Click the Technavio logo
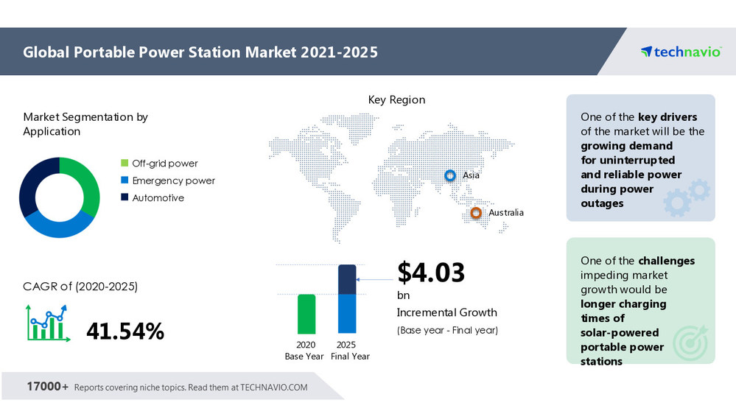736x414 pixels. point(680,52)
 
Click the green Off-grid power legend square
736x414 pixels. point(125,164)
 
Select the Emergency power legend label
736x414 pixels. point(173,180)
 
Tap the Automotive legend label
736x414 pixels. point(158,197)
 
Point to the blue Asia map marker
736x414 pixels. point(449,175)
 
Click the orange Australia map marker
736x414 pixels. point(476,213)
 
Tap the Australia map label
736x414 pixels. point(506,213)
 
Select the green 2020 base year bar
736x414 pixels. point(306,314)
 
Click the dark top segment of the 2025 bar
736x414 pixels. point(346,280)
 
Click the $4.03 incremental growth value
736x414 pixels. point(431,273)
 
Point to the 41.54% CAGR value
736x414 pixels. point(125,331)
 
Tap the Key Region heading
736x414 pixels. point(396,99)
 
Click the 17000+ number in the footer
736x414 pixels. point(47,387)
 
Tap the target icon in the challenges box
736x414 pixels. point(690,343)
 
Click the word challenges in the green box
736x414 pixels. point(666,261)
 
